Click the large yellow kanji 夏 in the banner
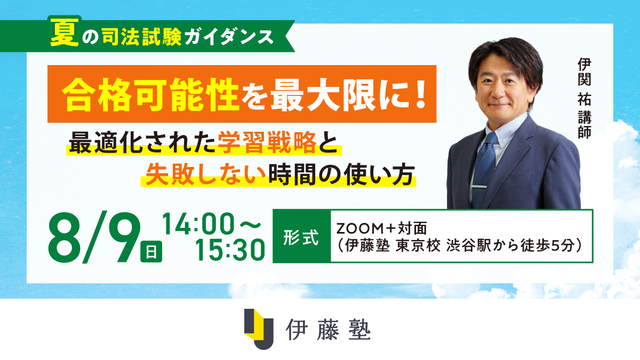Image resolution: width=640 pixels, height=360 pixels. click(65, 33)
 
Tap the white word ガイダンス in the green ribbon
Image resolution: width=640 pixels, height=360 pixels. click(229, 37)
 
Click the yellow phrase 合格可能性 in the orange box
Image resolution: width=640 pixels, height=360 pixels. click(150, 94)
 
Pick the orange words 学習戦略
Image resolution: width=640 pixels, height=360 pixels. click(267, 142)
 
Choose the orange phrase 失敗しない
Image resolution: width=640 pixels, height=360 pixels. click(205, 175)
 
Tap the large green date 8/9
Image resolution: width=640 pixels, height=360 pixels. click(94, 237)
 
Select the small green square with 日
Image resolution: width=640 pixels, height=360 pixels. click(151, 251)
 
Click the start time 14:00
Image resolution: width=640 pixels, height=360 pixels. click(199, 224)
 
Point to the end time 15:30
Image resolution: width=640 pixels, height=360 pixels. click(230, 250)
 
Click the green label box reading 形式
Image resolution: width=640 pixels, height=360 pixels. click(302, 236)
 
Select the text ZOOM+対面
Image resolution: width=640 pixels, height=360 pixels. click(382, 228)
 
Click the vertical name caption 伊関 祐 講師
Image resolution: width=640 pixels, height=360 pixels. click(585, 98)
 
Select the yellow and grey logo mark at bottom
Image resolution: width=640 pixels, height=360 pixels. click(259, 329)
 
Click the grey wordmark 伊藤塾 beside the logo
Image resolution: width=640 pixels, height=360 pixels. click(329, 330)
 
